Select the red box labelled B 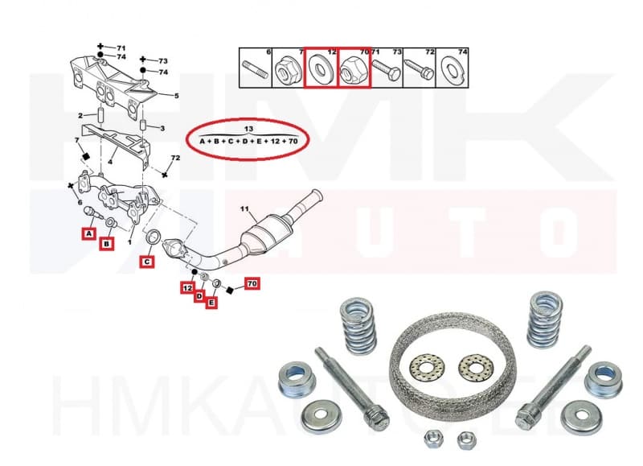(x=106, y=242)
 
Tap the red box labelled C (x=147, y=261)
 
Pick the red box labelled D (x=199, y=296)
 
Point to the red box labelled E (x=212, y=303)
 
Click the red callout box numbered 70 (x=252, y=284)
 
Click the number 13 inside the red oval (x=248, y=129)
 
